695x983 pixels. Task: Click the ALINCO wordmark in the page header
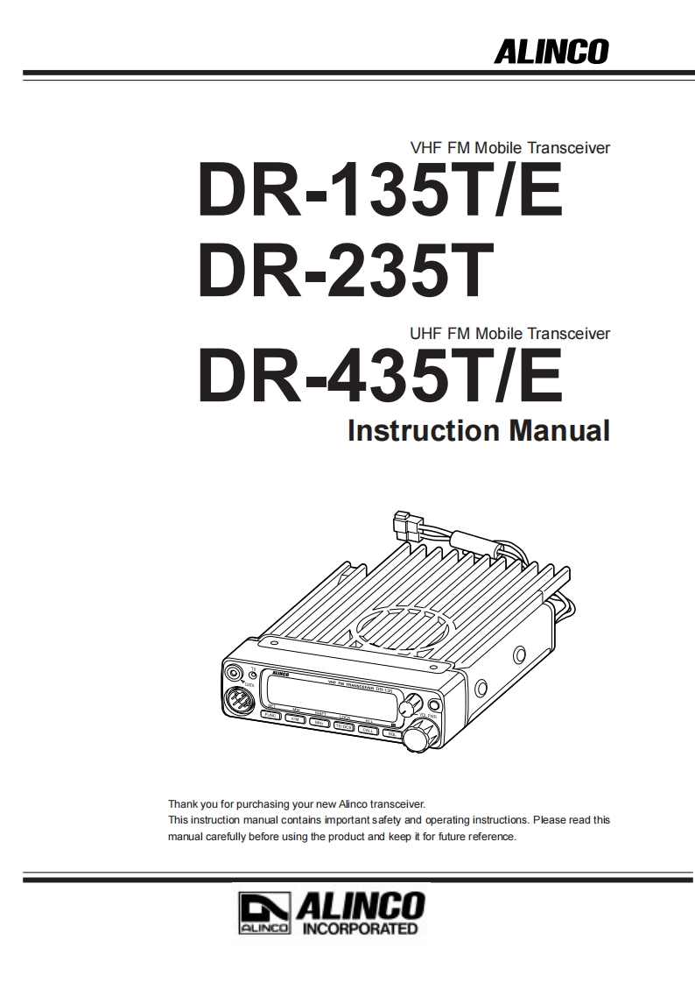coord(551,52)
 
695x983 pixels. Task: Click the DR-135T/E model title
coord(381,189)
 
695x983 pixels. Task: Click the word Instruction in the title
coord(418,430)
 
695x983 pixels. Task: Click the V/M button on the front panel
coord(296,720)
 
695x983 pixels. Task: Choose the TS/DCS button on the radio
coord(344,726)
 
